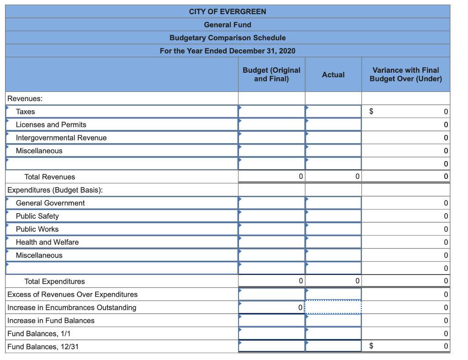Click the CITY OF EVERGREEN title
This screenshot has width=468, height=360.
tap(227, 11)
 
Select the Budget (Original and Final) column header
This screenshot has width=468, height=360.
tap(271, 75)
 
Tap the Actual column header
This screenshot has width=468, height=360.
tap(333, 75)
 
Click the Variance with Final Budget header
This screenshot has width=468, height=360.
tap(405, 75)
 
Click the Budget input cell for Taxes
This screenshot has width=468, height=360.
tap(271, 111)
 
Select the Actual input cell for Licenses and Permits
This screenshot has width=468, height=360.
tap(333, 124)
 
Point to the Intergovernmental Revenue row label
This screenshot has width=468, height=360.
tap(61, 138)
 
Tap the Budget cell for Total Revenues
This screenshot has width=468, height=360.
tap(271, 177)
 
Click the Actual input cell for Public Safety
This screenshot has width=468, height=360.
tap(333, 216)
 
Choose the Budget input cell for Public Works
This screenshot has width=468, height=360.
tap(271, 229)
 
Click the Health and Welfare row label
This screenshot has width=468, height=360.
tap(47, 242)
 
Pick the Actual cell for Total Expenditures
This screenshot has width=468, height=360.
tap(333, 281)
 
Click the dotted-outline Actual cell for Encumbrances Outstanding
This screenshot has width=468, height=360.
tap(333, 307)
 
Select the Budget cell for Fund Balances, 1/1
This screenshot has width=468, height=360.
tap(271, 333)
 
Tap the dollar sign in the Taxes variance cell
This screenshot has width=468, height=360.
tap(372, 111)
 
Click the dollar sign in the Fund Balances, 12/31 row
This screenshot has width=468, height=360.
tap(372, 346)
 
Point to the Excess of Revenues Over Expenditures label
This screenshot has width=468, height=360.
tap(72, 294)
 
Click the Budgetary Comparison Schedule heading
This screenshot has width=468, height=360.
tap(227, 38)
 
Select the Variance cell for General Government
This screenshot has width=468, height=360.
tap(405, 203)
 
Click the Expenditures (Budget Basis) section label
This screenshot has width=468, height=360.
tap(55, 190)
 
